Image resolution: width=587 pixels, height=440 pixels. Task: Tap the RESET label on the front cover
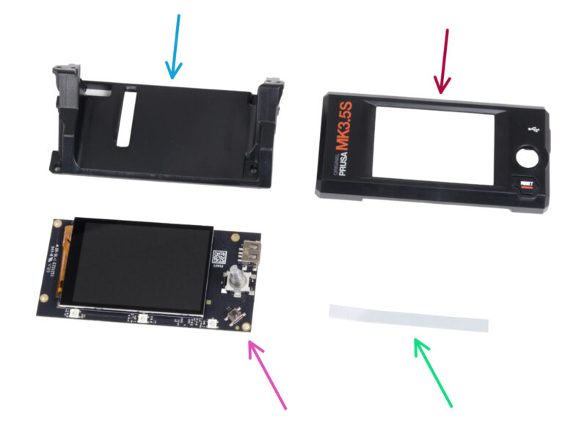525,186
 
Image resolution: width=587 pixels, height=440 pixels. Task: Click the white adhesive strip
408,318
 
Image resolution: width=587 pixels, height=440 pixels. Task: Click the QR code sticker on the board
219,257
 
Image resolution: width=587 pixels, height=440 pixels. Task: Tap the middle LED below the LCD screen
144,318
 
